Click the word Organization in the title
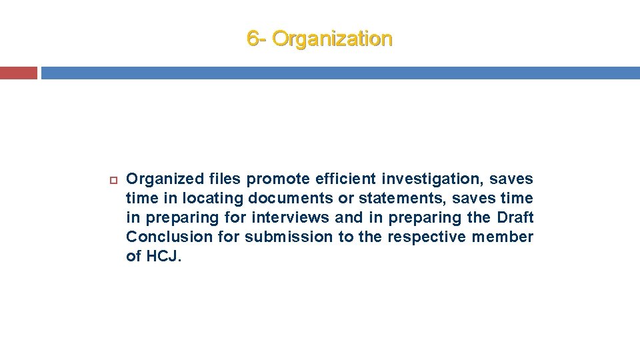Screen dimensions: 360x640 pyautogui.click(x=333, y=39)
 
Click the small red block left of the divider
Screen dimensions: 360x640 pyautogui.click(x=19, y=73)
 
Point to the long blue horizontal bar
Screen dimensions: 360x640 pyautogui.click(x=340, y=73)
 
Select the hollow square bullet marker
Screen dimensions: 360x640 pyautogui.click(x=113, y=179)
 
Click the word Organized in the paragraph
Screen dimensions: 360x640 pyautogui.click(x=163, y=179)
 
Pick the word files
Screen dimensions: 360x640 pyautogui.click(x=225, y=179)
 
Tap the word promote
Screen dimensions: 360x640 pyautogui.click(x=279, y=179)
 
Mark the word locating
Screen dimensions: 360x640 pyautogui.click(x=213, y=198)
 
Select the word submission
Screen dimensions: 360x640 pyautogui.click(x=289, y=237)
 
